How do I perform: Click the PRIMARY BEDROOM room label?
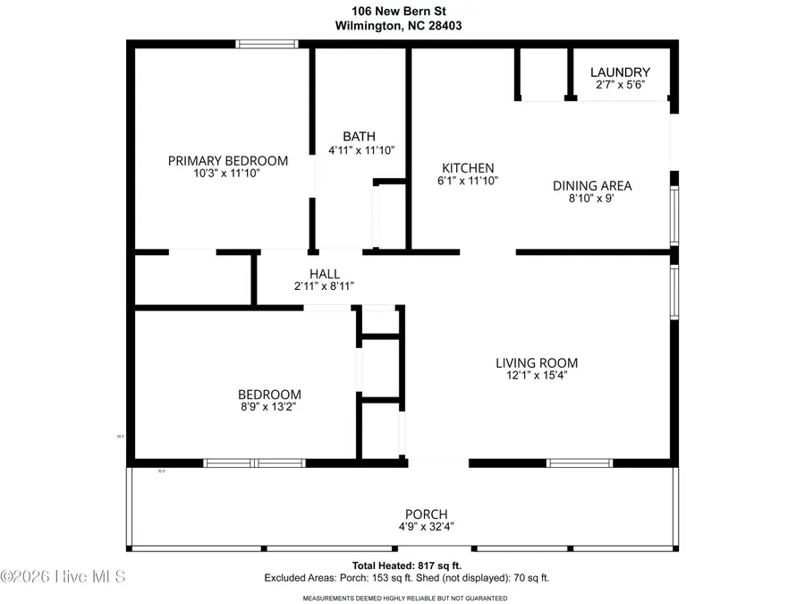tap(228, 161)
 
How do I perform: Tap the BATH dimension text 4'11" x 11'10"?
tap(361, 151)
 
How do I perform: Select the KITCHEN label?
tap(468, 167)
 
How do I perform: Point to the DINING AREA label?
tap(591, 185)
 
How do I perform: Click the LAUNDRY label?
tap(620, 72)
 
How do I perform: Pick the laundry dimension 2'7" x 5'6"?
tap(620, 85)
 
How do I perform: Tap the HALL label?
tap(324, 274)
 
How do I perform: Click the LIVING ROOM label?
tap(537, 362)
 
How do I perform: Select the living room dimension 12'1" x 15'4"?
tap(537, 376)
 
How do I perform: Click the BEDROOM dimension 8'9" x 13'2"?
tap(268, 407)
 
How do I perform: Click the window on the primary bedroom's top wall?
tap(267, 43)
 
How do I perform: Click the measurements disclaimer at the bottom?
tap(404, 597)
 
